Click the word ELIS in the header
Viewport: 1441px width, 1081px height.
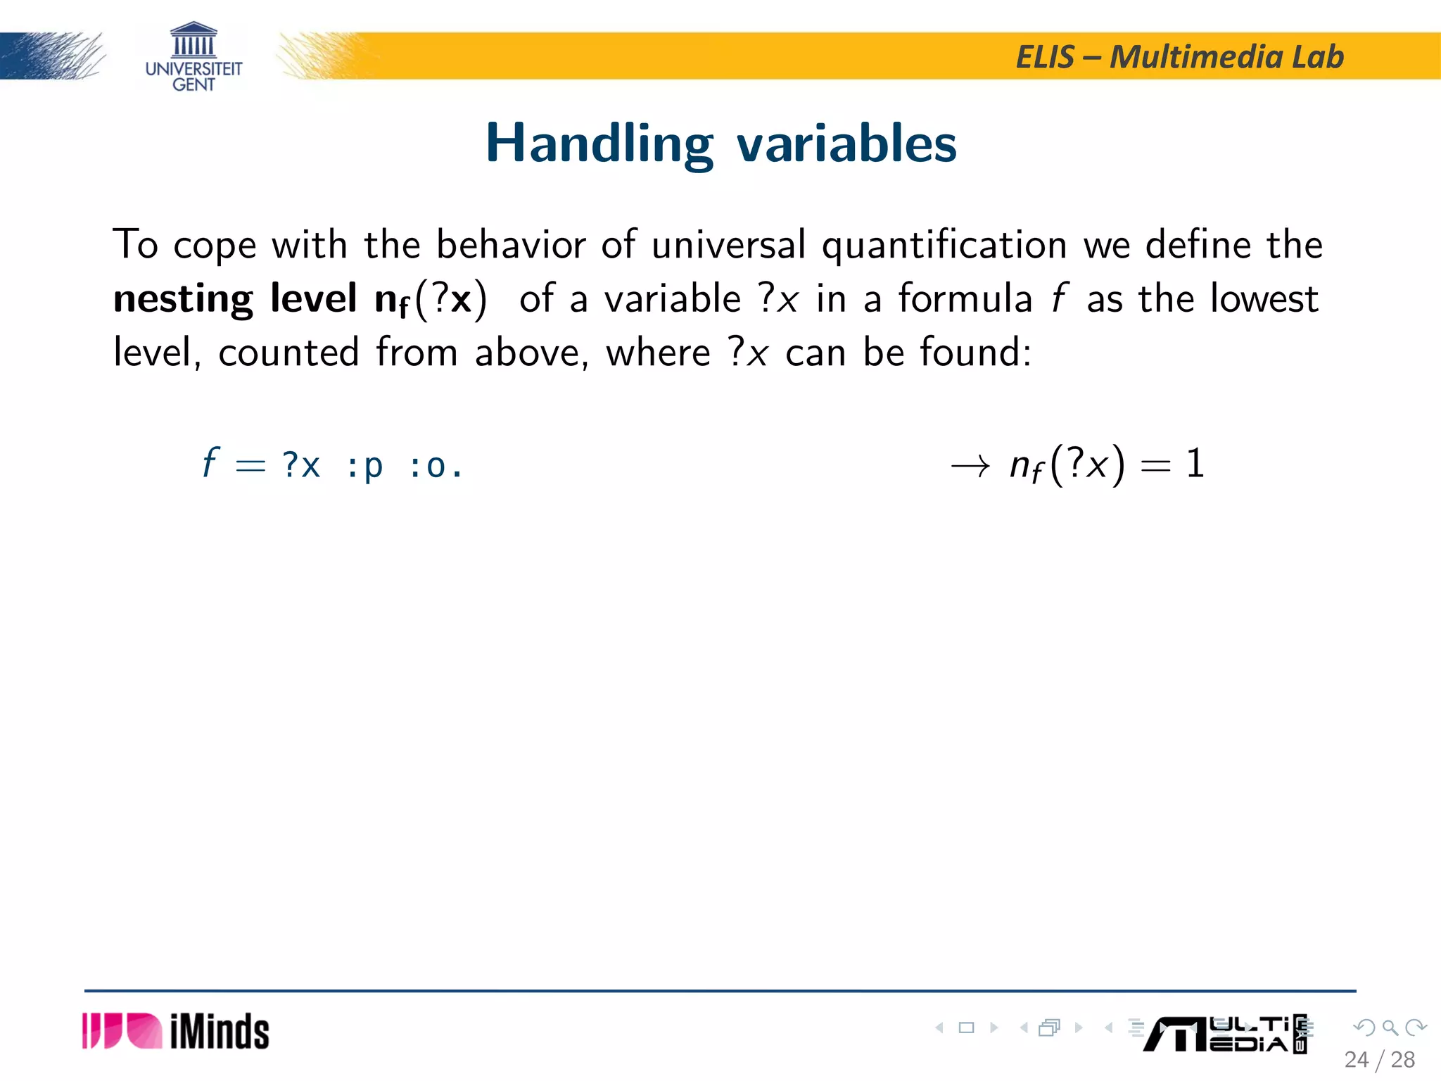pos(1046,57)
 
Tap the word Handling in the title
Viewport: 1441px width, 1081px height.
pos(599,144)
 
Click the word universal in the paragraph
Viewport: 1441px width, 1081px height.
pos(728,245)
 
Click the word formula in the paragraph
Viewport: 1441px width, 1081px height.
pos(965,298)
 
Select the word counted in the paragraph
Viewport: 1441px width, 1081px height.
pos(288,352)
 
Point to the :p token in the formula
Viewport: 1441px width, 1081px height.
pos(364,466)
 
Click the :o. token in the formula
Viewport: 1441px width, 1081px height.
pos(435,466)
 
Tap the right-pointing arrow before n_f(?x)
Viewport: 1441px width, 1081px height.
pos(970,466)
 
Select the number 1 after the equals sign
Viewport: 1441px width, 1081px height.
pos(1195,464)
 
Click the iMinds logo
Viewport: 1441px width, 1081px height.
pos(176,1032)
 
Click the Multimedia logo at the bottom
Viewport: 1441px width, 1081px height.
pos(1224,1035)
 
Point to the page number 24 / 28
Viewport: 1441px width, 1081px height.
pos(1379,1060)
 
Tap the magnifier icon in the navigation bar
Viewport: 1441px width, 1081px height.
pos(1390,1028)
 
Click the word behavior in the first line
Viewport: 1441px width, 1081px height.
pos(511,245)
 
